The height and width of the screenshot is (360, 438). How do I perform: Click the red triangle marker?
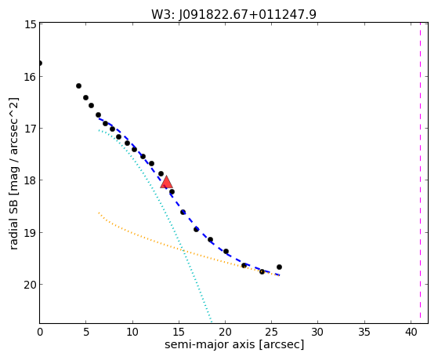(166, 183)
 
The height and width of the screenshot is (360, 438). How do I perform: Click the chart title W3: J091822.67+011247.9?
(233, 15)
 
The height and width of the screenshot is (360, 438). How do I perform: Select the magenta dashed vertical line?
(420, 173)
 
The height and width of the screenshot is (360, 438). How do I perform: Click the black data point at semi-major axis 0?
(40, 63)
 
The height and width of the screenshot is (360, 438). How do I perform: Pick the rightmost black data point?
(279, 267)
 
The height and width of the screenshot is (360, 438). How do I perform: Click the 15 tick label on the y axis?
(31, 24)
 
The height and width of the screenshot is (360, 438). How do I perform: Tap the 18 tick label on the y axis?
(31, 180)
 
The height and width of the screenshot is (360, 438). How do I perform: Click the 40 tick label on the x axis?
(411, 333)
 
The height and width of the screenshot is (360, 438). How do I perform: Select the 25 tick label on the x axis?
(271, 333)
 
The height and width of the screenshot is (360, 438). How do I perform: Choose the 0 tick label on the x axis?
(40, 333)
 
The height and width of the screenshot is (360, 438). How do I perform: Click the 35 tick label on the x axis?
(364, 333)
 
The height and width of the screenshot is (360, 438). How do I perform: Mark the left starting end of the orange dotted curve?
(99, 213)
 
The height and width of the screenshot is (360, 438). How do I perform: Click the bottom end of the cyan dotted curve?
(212, 322)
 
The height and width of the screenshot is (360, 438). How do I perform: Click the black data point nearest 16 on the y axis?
(79, 85)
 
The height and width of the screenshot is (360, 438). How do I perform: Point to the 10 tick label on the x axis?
(132, 333)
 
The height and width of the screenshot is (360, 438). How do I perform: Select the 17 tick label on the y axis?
(31, 128)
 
